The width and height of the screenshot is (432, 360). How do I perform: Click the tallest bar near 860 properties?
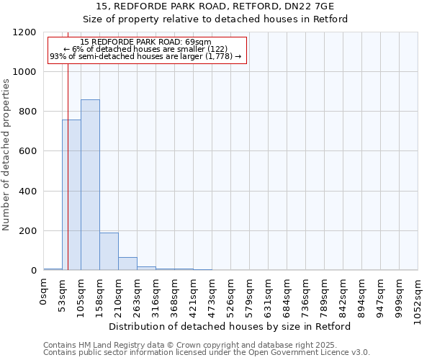click(90, 185)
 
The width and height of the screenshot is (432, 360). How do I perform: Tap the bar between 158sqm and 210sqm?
click(109, 251)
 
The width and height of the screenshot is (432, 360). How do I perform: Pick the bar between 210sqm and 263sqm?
click(127, 264)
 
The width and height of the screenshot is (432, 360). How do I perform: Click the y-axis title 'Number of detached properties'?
click(6, 155)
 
